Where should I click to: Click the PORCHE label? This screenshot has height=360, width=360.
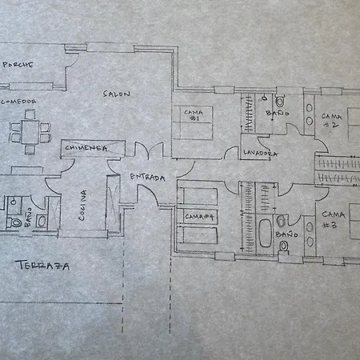pos(18,65)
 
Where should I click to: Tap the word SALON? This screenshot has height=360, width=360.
pos(117,94)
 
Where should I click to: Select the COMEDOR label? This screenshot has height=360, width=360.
pos(18,102)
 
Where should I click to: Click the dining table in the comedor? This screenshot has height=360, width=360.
pos(30,133)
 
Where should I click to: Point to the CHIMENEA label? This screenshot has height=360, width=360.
pos(86,148)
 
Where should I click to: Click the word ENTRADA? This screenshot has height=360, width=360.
pos(147,178)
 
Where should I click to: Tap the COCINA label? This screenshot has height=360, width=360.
pos(82,205)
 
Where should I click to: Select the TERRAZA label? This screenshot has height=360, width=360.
pos(42,266)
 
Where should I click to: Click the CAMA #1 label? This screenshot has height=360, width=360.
pos(194,115)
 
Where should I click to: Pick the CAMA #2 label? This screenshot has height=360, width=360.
pos(331,120)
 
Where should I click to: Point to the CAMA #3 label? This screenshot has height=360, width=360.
pos(333,220)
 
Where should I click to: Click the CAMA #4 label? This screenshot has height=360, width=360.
pos(199,217)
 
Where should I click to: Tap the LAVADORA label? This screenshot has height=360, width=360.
pos(260,154)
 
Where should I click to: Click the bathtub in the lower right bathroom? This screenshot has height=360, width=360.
pos(265,233)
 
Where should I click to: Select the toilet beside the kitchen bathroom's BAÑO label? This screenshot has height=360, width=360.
pos(14,222)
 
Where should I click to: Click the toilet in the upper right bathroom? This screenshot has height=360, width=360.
pos(279,101)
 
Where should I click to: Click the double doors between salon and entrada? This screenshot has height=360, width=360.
pos(149,150)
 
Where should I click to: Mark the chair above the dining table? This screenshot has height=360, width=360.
pos(30,114)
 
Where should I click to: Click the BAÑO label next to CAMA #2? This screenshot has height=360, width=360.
pos(278,113)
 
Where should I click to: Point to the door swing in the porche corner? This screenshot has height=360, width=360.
pos(72,60)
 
